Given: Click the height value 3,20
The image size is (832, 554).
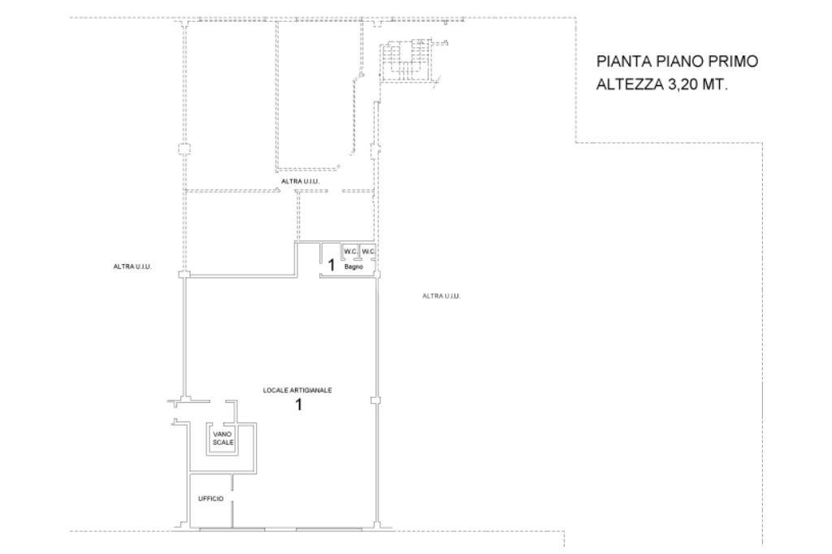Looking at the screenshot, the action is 682,85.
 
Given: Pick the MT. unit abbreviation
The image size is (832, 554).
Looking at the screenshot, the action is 715,84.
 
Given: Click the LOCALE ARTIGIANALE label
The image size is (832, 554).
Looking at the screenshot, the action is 297,391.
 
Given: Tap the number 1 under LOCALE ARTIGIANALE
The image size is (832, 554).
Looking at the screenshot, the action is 299,405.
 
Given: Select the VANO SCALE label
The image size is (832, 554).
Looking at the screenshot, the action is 223,439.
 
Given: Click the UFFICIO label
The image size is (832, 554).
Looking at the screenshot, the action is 210,500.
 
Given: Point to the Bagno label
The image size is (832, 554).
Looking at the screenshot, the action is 354,267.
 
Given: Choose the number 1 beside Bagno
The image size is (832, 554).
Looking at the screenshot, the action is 331,266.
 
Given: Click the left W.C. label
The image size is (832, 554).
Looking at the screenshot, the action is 350,252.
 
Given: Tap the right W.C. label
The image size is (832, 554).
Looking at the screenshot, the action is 368,252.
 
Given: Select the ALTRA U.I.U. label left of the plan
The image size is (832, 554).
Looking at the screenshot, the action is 132,267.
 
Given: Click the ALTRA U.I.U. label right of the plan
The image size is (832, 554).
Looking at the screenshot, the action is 441,296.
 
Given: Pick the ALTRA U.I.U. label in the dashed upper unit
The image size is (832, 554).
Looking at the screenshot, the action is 301,181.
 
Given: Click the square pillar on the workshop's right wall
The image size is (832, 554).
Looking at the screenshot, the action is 375,400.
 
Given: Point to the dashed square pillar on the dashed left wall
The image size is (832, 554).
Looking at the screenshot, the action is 183,149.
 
